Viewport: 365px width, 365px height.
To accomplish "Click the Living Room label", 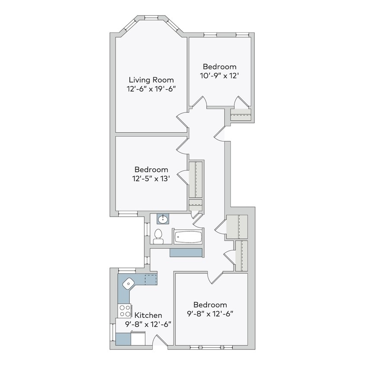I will (x=151, y=80).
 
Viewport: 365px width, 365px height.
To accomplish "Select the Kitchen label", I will (x=148, y=315).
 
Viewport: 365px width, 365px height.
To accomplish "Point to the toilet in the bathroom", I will (x=158, y=236).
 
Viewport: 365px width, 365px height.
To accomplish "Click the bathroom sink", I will (x=162, y=218).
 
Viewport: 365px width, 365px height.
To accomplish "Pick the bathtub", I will (x=187, y=237).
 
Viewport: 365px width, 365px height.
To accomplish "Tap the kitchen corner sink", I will (x=128, y=283).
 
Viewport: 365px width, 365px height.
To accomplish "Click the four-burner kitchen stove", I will (x=125, y=311).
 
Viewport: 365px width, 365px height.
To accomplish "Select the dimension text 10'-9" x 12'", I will (x=220, y=76).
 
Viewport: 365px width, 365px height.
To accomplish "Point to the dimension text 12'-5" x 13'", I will (x=151, y=179).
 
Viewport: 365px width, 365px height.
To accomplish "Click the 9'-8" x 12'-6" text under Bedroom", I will (x=210, y=314).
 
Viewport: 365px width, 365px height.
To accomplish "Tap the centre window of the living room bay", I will (x=151, y=18).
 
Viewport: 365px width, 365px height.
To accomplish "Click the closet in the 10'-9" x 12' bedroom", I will (x=240, y=115).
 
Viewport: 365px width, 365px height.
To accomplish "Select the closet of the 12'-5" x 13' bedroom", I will (x=196, y=179).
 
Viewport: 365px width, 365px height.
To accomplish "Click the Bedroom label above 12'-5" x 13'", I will (x=151, y=170).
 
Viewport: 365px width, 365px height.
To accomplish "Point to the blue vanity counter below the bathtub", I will (x=186, y=253).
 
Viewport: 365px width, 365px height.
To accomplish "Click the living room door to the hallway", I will (x=182, y=118).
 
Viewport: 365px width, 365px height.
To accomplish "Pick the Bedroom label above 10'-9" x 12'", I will (x=220, y=67).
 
